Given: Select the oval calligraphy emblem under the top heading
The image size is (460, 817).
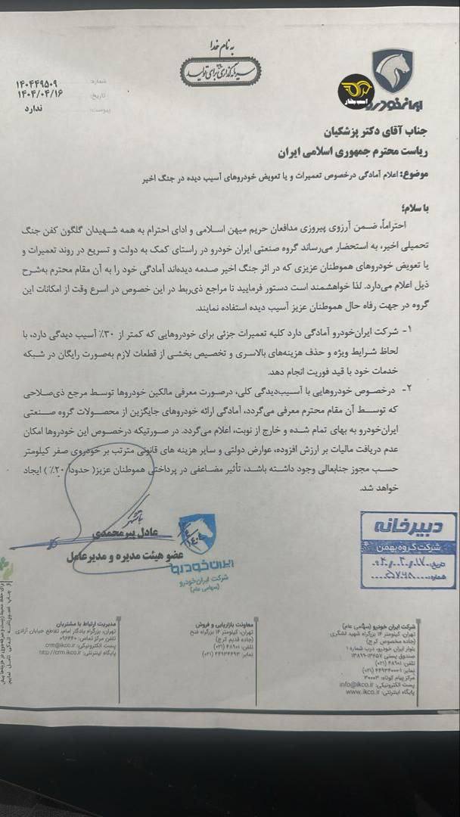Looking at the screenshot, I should (x=219, y=70).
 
